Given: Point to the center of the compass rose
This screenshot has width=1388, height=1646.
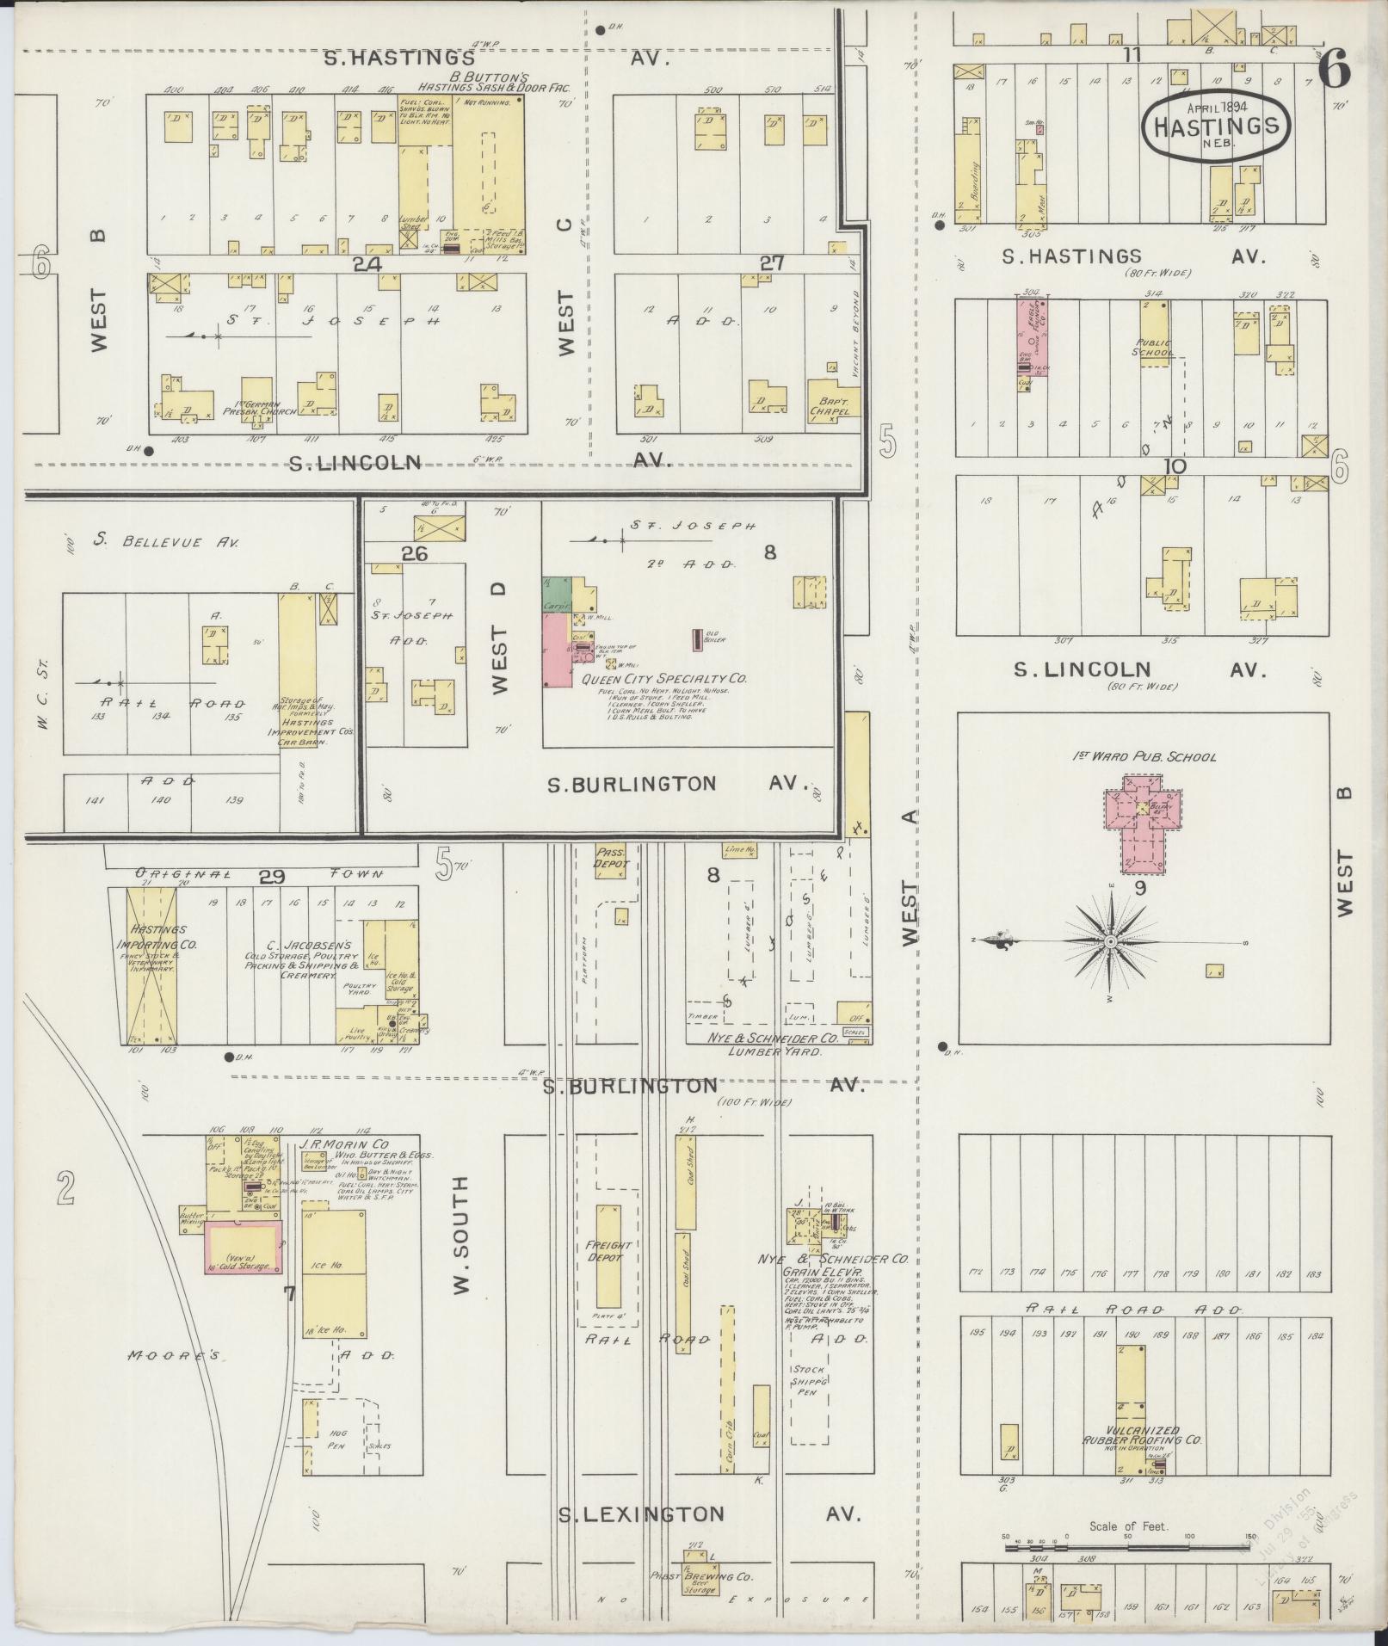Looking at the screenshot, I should (x=1111, y=942).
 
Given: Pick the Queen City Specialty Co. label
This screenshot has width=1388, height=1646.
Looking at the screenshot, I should (x=663, y=679).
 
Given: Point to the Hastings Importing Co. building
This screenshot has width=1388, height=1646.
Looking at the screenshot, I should (x=151, y=965).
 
